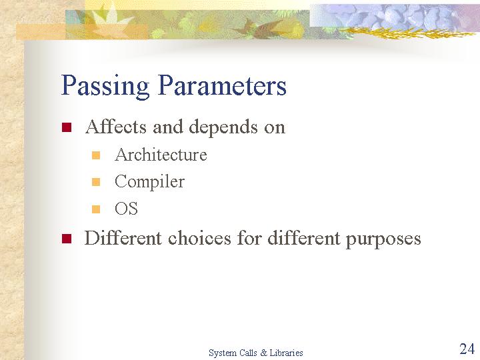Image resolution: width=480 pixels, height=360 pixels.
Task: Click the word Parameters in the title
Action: (x=223, y=85)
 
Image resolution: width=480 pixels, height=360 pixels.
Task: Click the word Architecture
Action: (x=161, y=154)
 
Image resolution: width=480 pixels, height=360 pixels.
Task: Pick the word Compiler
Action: (x=150, y=183)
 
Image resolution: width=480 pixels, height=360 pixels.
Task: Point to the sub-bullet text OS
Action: (x=126, y=209)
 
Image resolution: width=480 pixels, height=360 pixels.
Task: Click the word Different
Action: (x=123, y=237)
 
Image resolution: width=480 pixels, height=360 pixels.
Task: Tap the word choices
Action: (x=199, y=237)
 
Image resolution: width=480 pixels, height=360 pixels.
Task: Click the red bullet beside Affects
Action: (x=67, y=127)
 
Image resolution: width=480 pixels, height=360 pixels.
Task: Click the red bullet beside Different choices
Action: (x=67, y=239)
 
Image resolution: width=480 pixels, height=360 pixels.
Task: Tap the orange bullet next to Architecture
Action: (x=96, y=155)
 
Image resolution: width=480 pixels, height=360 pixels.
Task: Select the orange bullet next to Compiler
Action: (x=96, y=182)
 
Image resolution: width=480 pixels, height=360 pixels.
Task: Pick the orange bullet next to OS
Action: (x=96, y=209)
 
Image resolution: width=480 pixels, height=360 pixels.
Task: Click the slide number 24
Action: (x=467, y=349)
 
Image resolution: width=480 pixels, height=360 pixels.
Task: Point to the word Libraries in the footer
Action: (x=286, y=353)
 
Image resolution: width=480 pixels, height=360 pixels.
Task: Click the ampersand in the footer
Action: (x=263, y=353)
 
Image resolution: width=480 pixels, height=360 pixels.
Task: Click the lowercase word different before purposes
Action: (x=304, y=237)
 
